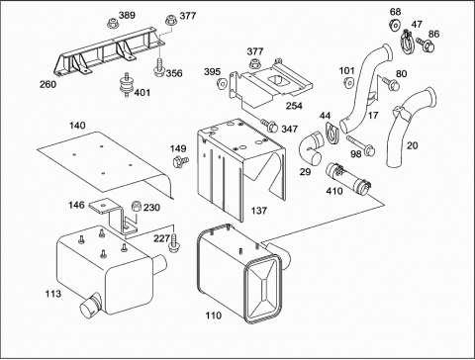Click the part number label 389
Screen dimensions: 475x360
127,15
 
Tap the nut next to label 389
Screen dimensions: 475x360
112,23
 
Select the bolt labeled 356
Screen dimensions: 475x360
159,67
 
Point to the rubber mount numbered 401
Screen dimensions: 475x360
127,85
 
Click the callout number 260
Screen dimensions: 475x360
48,84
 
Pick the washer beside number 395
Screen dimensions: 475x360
222,83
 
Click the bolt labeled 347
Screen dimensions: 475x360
269,126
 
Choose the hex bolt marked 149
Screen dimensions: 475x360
180,161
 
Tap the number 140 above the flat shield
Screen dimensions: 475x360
77,126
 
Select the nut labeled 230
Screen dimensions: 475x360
137,207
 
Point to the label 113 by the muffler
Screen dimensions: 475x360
53,294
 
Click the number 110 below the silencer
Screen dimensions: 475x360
214,315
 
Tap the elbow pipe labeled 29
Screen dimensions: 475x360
312,147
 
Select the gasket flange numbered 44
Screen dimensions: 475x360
332,133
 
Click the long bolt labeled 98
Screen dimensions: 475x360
360,144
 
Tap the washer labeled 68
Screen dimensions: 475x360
394,25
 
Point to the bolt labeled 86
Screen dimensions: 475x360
426,45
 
